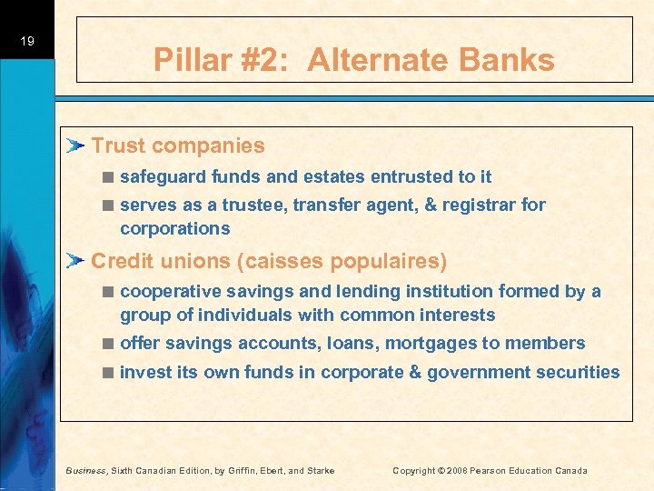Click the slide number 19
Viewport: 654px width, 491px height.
pyautogui.click(x=26, y=41)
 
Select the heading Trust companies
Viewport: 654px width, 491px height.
pyautogui.click(x=178, y=145)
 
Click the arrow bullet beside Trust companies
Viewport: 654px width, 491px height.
pyautogui.click(x=77, y=145)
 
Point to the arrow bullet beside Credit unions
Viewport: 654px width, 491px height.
pyautogui.click(x=77, y=261)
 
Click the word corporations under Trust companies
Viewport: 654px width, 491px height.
pyautogui.click(x=174, y=228)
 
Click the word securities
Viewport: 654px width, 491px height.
pyautogui.click(x=582, y=371)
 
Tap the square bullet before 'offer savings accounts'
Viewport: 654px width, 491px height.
pyautogui.click(x=108, y=344)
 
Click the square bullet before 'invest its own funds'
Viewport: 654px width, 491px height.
pyautogui.click(x=108, y=372)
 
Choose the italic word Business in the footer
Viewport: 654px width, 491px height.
pyautogui.click(x=87, y=470)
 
